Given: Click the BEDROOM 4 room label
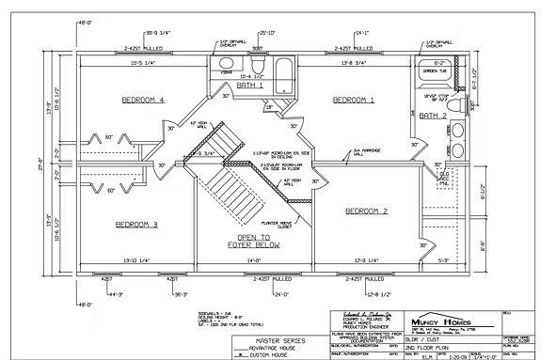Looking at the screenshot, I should click(x=142, y=99).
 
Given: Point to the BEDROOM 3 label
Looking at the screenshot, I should click(x=136, y=224).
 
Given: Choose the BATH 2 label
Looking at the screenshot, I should click(x=432, y=116).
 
